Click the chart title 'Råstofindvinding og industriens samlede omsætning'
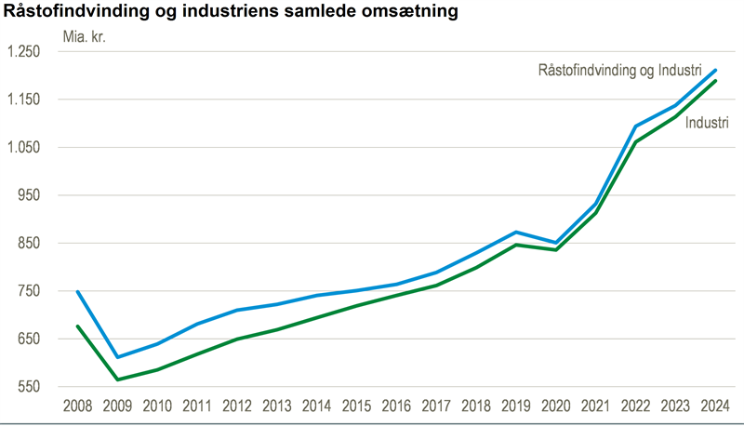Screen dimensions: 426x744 (x=232, y=12)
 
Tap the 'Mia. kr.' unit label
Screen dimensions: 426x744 (x=85, y=37)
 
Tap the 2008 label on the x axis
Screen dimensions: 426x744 (x=77, y=406)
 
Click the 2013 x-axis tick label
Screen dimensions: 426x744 (x=276, y=406)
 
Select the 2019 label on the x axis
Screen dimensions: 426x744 (x=515, y=406)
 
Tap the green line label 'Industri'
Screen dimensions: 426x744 (x=706, y=123)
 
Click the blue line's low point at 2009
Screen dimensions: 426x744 (x=117, y=357)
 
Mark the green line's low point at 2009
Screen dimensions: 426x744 (x=117, y=379)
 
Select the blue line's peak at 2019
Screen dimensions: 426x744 (x=516, y=232)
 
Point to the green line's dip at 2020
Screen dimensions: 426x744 (x=556, y=250)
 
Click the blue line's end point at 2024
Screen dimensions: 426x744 (x=715, y=70)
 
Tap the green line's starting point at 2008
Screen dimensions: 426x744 (x=77, y=326)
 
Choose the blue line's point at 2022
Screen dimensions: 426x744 (x=635, y=126)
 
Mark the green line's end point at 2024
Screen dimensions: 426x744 (x=715, y=81)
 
